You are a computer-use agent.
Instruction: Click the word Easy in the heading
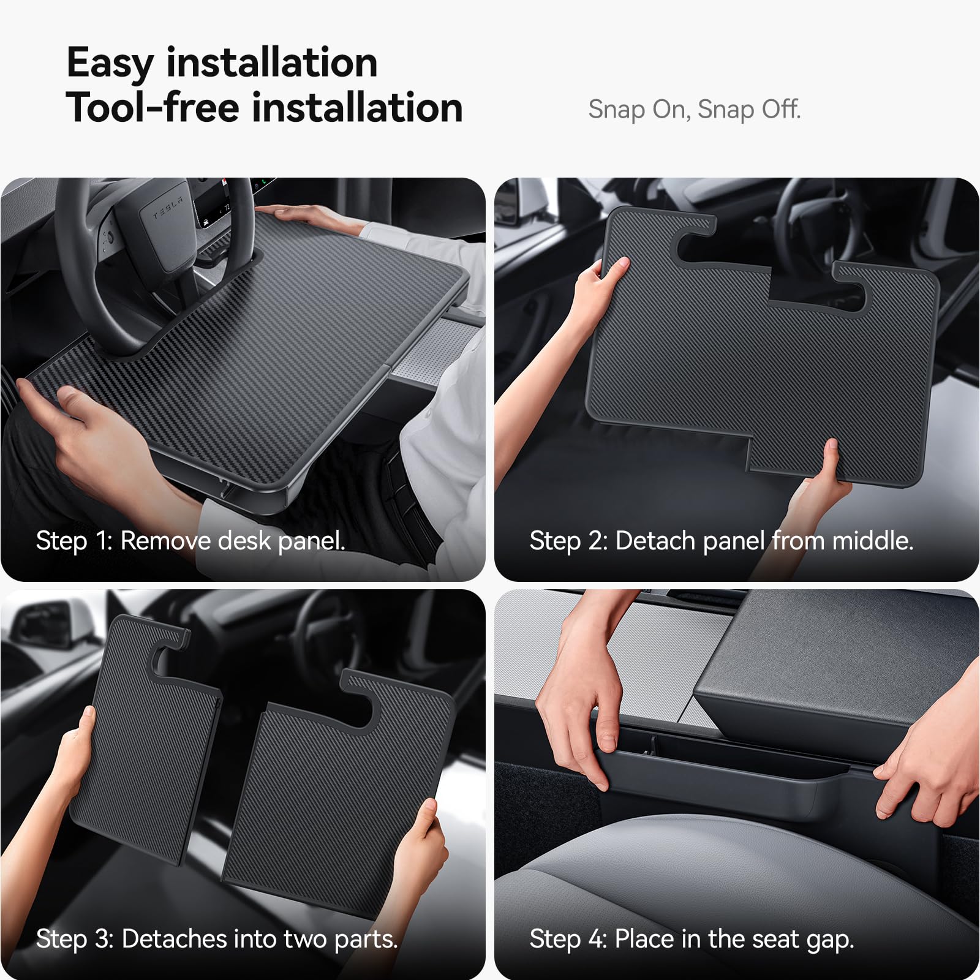tap(110, 64)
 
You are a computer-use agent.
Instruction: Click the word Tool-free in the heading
tap(153, 108)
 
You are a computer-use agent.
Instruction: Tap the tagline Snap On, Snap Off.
tap(694, 110)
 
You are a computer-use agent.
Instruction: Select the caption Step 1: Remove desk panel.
tap(190, 541)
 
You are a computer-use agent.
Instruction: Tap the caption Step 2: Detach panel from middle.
tap(721, 541)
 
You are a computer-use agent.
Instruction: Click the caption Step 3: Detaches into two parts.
tap(217, 939)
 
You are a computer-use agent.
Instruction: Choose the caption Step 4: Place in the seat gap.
tap(692, 939)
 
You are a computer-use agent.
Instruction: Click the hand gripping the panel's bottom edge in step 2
tap(821, 478)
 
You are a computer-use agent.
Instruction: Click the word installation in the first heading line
tap(272, 64)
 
